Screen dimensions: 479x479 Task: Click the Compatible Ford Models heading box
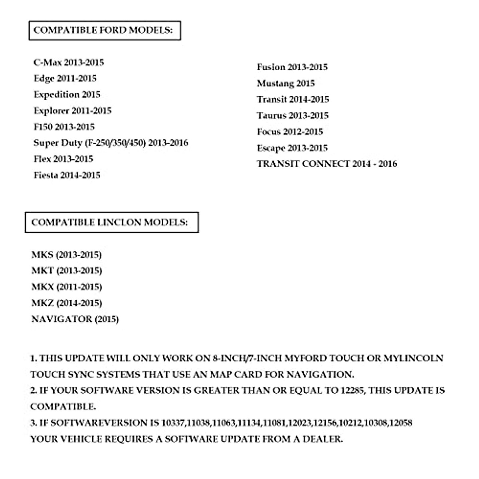coord(105,31)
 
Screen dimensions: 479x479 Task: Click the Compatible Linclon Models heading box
coord(111,222)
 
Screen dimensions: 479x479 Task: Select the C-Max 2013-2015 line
coord(69,63)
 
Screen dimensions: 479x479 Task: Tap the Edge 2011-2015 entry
coord(65,79)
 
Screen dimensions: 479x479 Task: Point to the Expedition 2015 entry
coord(67,95)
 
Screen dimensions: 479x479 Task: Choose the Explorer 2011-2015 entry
coord(73,111)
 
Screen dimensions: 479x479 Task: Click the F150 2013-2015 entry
coord(64,127)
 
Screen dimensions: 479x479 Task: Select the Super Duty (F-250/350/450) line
coord(111,143)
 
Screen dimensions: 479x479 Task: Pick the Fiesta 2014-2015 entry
coord(67,175)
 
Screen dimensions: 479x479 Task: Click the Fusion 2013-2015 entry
coord(292,67)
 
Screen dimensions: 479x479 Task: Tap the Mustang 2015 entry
coord(286,83)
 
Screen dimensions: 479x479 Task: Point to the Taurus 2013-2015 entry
coord(293,116)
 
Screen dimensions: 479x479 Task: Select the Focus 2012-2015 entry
coord(290,132)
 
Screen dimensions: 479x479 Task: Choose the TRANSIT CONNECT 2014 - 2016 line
coord(327,164)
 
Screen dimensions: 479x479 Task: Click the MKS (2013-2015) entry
coord(66,255)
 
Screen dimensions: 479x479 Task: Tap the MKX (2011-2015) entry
coord(67,287)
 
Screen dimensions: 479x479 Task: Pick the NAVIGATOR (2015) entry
coord(75,319)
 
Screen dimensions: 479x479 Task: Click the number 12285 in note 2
coord(352,390)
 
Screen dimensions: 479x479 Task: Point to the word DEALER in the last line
coord(323,439)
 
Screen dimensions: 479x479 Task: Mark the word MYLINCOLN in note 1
coord(414,358)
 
